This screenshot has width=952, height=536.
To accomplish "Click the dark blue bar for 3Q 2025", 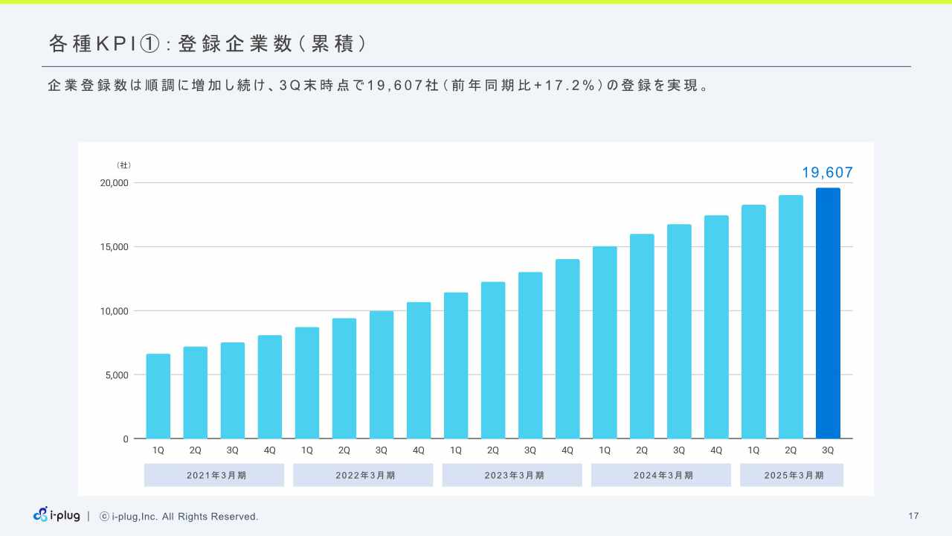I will pos(828,313).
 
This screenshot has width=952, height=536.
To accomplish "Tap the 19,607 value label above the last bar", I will pos(827,173).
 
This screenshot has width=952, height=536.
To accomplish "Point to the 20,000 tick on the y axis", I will pos(115,183).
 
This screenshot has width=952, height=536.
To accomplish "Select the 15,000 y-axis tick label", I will pos(115,247).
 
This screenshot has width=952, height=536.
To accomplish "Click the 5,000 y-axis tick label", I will pos(117,375).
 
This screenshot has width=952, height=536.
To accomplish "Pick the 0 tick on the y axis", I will pos(126,439).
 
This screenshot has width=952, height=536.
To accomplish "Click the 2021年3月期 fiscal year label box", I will pos(214,475).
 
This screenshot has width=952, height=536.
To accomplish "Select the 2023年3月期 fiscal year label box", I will pos(512,475).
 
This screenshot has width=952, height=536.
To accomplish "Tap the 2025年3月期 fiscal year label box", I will pos(791,475).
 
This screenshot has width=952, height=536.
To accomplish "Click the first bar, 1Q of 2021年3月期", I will pos(158,396).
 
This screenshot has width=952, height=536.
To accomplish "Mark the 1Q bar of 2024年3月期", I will pos(605,342).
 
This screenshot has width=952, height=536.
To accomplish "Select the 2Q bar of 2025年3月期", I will pos(791,316).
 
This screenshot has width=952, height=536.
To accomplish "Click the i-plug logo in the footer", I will pos(57,515).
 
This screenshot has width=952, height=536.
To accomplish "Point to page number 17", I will pos(913,516).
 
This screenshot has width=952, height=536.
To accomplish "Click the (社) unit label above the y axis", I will pos(124,165).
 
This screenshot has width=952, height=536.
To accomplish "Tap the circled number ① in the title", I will pos(150,45).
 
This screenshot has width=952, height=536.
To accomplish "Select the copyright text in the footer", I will pos(179,517).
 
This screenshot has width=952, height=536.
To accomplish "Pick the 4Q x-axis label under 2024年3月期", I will pos(716,450).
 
